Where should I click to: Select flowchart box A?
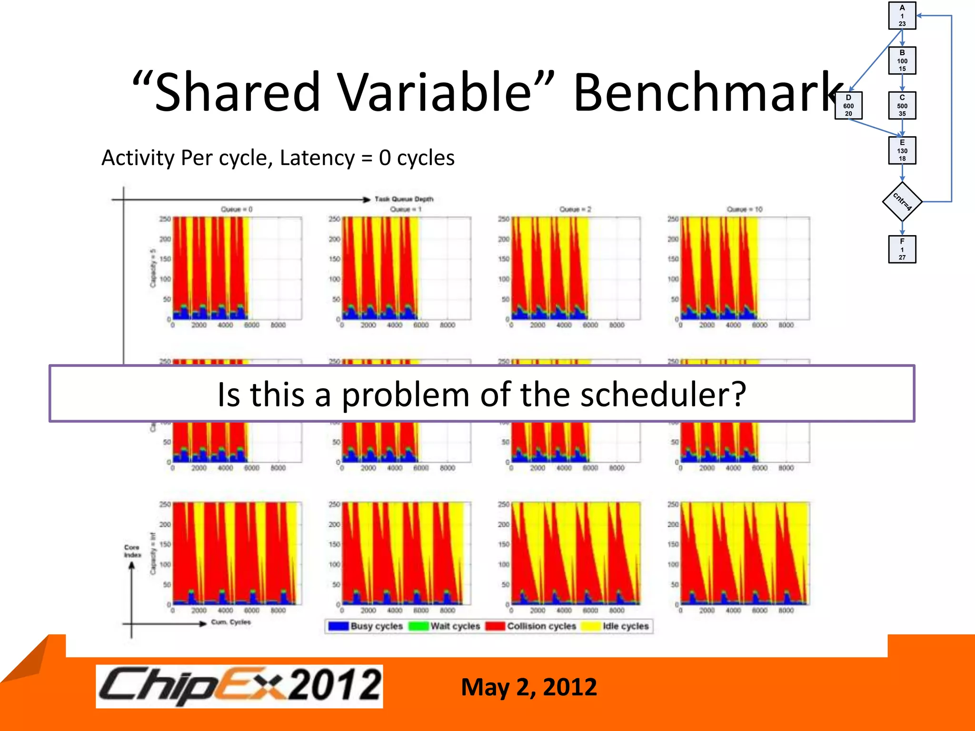point(902,16)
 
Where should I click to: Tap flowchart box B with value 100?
point(902,60)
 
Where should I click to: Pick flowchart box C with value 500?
point(902,106)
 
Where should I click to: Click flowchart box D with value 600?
point(848,106)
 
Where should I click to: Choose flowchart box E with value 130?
point(902,150)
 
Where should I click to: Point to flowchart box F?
point(902,249)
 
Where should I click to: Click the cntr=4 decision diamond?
point(902,202)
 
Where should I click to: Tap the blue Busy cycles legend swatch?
point(338,626)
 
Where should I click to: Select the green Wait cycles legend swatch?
point(419,626)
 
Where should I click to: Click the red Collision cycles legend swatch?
point(495,626)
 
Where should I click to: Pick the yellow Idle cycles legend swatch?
point(591,626)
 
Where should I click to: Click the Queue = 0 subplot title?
point(237,209)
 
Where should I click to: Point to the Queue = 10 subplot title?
point(745,209)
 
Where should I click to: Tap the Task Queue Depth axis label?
point(404,199)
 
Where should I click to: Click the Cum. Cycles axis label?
point(231,622)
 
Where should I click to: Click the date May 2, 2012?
point(529,687)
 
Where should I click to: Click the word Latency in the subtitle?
point(317,158)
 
